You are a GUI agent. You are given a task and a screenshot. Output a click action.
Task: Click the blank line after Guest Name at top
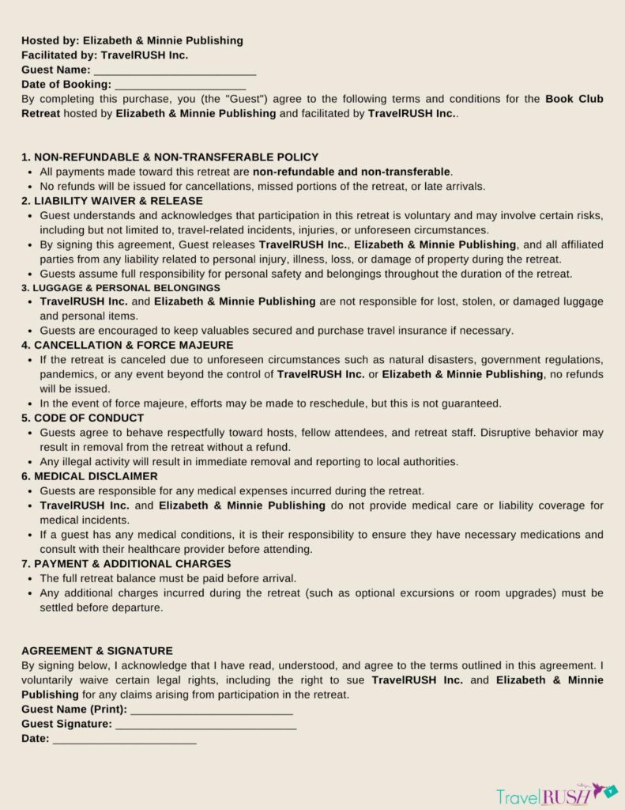[175, 70]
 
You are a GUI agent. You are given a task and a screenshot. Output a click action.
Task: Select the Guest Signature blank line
[205, 724]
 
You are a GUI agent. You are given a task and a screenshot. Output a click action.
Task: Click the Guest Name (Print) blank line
[212, 710]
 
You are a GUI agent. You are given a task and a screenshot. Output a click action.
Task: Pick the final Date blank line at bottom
[124, 739]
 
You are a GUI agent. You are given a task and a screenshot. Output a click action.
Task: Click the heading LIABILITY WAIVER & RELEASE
[112, 201]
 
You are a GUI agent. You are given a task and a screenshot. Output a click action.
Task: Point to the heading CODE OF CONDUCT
[83, 418]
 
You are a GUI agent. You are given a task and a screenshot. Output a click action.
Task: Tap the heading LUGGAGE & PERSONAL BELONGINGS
[121, 288]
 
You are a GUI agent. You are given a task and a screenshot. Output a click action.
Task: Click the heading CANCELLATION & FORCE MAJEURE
[127, 345]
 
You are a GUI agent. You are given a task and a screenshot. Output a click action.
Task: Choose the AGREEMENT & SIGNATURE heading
[97, 650]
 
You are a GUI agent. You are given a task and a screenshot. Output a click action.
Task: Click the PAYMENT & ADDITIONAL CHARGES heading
[126, 564]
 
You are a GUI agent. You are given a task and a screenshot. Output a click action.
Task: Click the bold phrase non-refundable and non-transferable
[352, 172]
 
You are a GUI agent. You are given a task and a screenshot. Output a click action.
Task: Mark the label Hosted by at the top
[48, 40]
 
